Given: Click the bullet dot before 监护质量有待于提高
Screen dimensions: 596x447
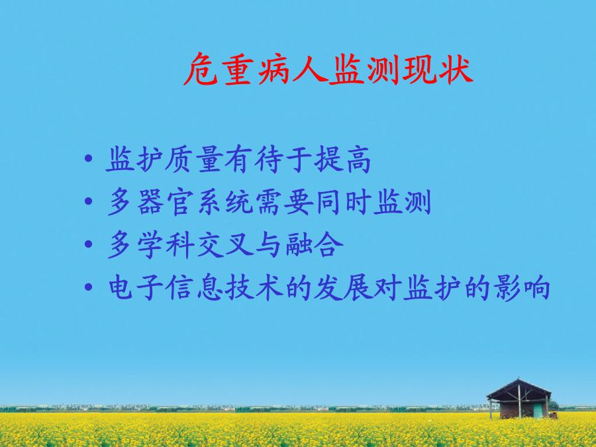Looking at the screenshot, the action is tap(88, 158).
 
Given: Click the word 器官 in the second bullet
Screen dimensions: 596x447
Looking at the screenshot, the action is tap(166, 201).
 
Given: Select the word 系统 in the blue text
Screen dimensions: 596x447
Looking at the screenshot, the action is tap(225, 201).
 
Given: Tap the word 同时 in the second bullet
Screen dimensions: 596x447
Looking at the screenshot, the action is tap(342, 201).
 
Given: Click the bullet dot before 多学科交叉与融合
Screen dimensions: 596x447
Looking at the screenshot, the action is tap(88, 244).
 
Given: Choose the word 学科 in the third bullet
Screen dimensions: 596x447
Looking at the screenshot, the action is tap(166, 244).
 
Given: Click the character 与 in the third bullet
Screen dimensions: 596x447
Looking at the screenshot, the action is tap(268, 244).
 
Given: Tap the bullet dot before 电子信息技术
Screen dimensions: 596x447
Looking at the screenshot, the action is tap(88, 287).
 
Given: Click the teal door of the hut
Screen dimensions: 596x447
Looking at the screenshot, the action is tap(538, 411).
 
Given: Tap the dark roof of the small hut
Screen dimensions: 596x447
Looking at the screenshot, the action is tap(519, 389).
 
